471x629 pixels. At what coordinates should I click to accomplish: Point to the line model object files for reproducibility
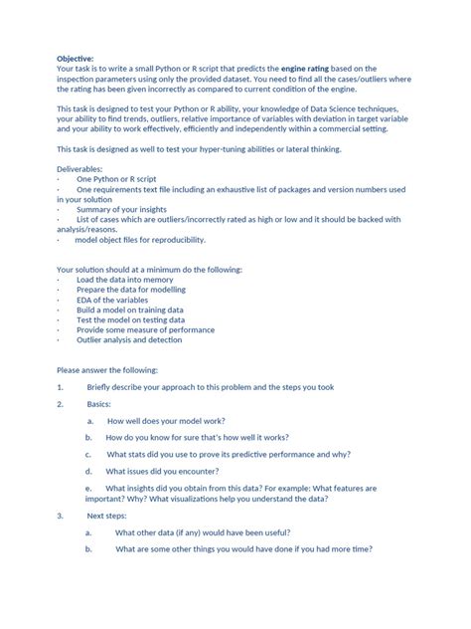[140, 239]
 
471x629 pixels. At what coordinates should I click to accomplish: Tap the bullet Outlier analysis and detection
[129, 339]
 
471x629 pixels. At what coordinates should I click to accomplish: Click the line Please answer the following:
[109, 369]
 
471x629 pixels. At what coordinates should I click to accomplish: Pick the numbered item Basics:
[99, 404]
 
